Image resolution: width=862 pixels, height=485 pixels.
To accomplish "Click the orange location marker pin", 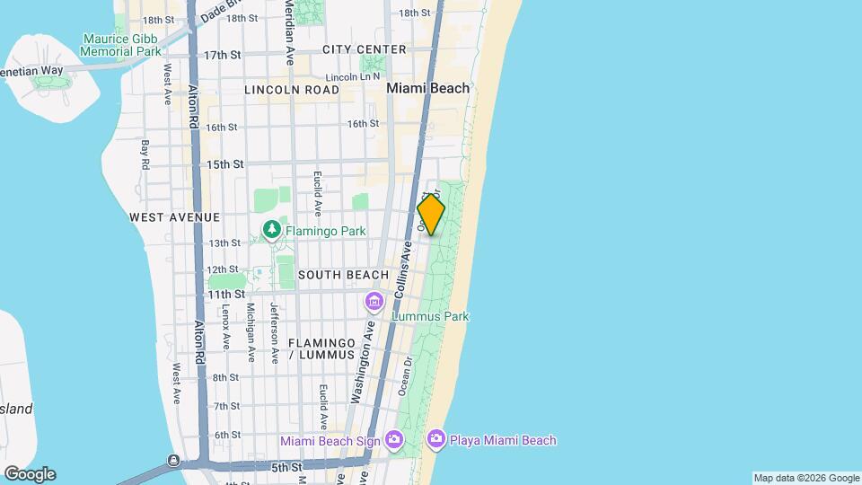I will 431,216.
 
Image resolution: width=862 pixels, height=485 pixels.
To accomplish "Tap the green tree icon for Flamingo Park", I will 272,231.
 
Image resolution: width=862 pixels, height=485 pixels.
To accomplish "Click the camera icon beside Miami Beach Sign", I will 393,439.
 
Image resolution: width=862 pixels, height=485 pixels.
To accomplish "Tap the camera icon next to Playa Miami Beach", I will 436,439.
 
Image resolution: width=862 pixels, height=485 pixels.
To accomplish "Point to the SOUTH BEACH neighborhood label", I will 343,275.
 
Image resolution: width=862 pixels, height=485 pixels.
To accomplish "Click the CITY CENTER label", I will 364,49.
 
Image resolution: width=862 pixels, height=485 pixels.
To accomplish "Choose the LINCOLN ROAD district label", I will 292,90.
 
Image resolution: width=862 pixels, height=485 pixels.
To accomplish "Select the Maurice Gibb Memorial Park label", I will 120,45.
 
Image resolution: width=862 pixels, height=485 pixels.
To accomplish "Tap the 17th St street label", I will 223,55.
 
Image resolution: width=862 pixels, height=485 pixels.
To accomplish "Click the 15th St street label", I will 224,164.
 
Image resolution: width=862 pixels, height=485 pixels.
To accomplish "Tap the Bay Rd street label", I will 145,154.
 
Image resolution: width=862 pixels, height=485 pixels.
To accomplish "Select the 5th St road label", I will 287,467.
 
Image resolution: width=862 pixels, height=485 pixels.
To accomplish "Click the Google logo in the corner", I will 30,473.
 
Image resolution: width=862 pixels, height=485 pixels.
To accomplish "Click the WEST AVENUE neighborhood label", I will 174,217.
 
